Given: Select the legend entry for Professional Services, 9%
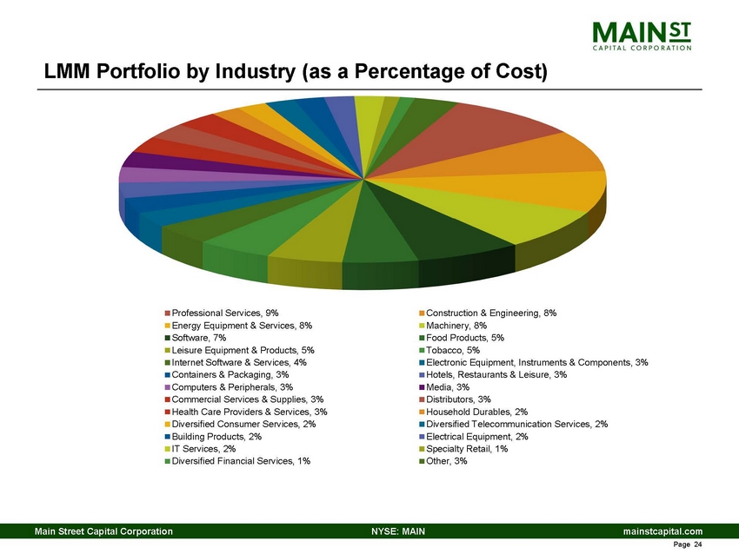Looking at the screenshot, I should click(x=225, y=313).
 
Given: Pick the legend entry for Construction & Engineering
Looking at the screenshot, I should click(x=489, y=313).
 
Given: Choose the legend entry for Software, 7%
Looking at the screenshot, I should click(x=199, y=338).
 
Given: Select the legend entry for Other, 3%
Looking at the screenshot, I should click(x=449, y=461).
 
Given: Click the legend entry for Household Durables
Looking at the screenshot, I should click(x=476, y=412).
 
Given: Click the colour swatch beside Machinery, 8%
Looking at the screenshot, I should click(x=422, y=326).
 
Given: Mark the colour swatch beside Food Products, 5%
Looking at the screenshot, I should click(x=422, y=338).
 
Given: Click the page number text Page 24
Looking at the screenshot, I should click(x=687, y=545).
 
